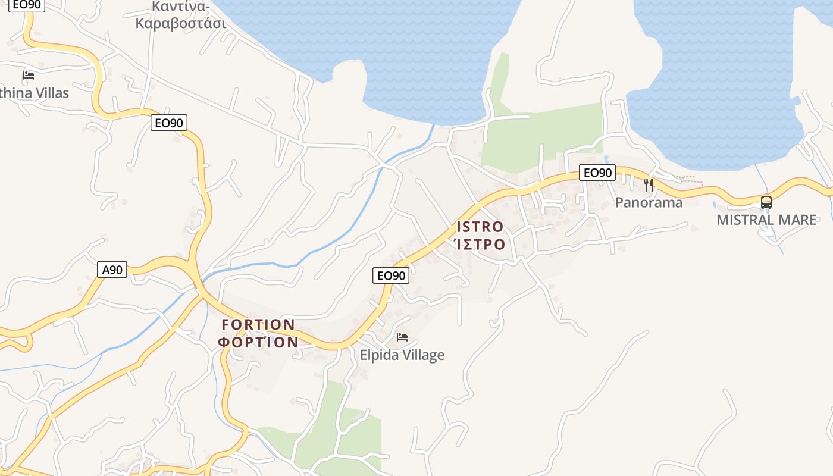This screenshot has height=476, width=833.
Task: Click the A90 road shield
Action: (x=112, y=270)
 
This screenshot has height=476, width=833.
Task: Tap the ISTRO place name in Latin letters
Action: (x=480, y=227)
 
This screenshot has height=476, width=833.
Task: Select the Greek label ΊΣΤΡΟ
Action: (x=480, y=244)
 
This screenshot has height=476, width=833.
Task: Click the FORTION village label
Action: (x=258, y=325)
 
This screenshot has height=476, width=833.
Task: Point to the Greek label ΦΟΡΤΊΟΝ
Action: (x=258, y=342)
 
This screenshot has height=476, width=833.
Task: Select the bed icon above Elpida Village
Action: (x=402, y=337)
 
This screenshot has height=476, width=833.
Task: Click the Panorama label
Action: (x=649, y=202)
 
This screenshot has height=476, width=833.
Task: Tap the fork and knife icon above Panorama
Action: (x=649, y=185)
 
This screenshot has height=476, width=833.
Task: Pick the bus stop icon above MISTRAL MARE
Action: (x=766, y=202)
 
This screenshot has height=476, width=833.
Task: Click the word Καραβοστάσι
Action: (x=181, y=24)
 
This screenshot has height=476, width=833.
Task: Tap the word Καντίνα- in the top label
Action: (x=181, y=7)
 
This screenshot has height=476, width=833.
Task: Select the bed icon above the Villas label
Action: (x=29, y=76)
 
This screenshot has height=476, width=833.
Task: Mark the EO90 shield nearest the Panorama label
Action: (x=597, y=173)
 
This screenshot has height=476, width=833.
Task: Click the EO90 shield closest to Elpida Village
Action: (x=391, y=275)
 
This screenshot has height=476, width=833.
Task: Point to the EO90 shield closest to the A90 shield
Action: (x=169, y=123)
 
